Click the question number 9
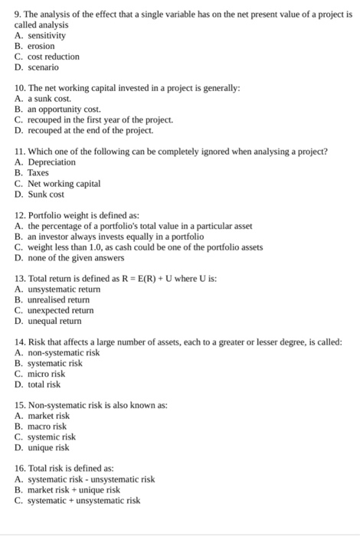18,15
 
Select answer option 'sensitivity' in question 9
47,35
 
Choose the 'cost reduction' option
53,57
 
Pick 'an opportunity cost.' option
64,110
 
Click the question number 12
21,215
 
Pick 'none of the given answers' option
77,258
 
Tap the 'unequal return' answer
58,322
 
